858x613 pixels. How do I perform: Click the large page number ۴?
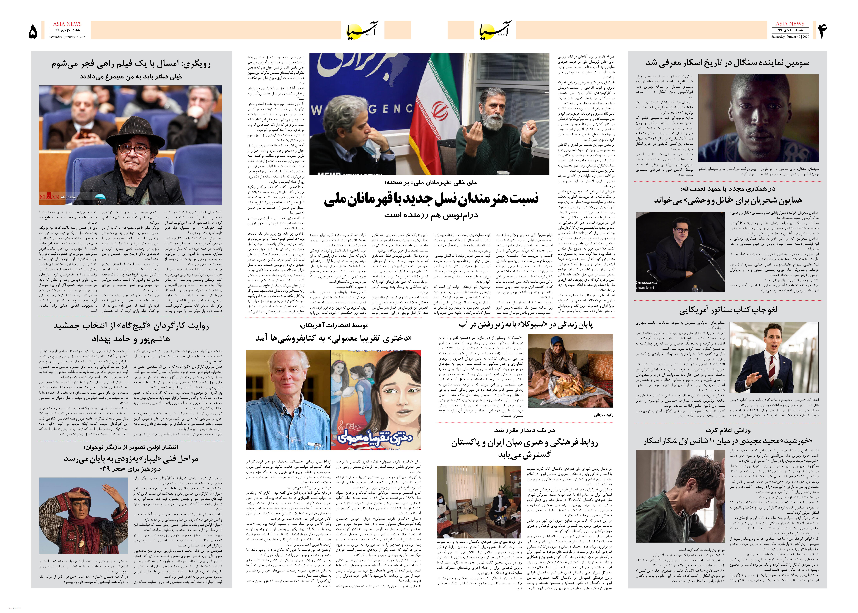point(823,31)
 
